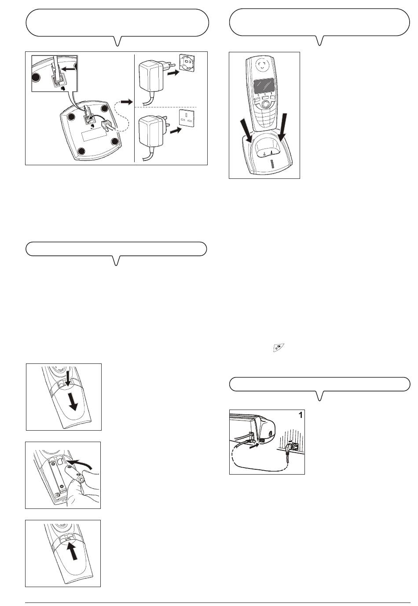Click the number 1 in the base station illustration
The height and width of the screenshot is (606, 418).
[300, 415]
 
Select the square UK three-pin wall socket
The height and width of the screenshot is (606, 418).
[187, 119]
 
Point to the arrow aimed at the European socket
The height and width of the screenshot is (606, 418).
[173, 73]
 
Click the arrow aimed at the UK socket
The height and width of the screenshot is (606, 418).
[176, 131]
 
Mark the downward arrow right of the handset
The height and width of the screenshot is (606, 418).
[282, 127]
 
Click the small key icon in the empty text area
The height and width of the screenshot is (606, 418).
[278, 347]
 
